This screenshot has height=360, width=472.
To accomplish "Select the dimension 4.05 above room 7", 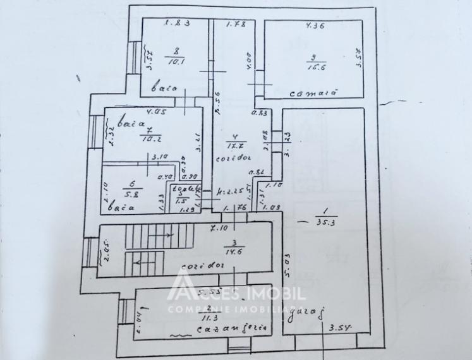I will (155, 114).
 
